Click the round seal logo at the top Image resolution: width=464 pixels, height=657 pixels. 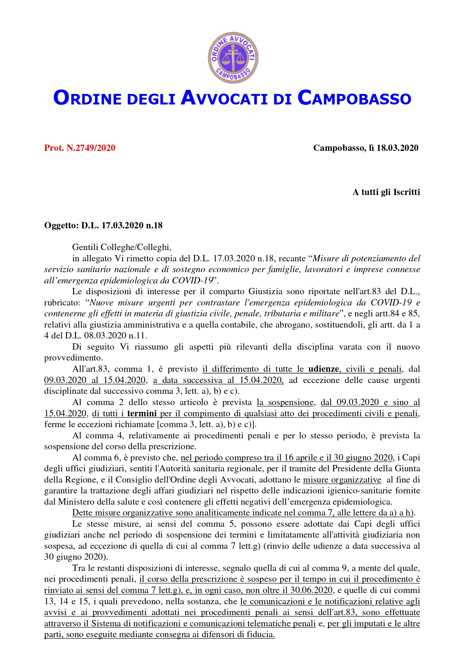click(x=233, y=58)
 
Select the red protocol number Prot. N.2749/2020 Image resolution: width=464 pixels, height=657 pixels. click(x=80, y=148)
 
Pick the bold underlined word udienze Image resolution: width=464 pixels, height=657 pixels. click(x=323, y=369)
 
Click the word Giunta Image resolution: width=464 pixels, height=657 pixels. click(x=408, y=469)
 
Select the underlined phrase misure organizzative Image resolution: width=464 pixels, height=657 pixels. click(x=342, y=480)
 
